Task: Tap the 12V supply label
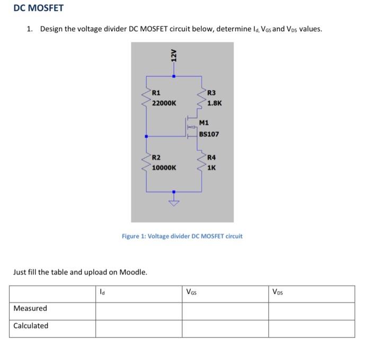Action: [173, 56]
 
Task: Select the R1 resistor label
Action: [156, 94]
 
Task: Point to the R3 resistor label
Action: [211, 94]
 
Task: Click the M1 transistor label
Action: [205, 123]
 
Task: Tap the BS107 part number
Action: [209, 134]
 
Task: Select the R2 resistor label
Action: [156, 157]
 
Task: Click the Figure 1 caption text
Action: [182, 236]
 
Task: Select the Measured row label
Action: [30, 308]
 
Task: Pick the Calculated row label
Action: [31, 326]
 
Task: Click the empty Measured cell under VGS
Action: [225, 311]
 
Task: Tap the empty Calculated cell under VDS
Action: [311, 328]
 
